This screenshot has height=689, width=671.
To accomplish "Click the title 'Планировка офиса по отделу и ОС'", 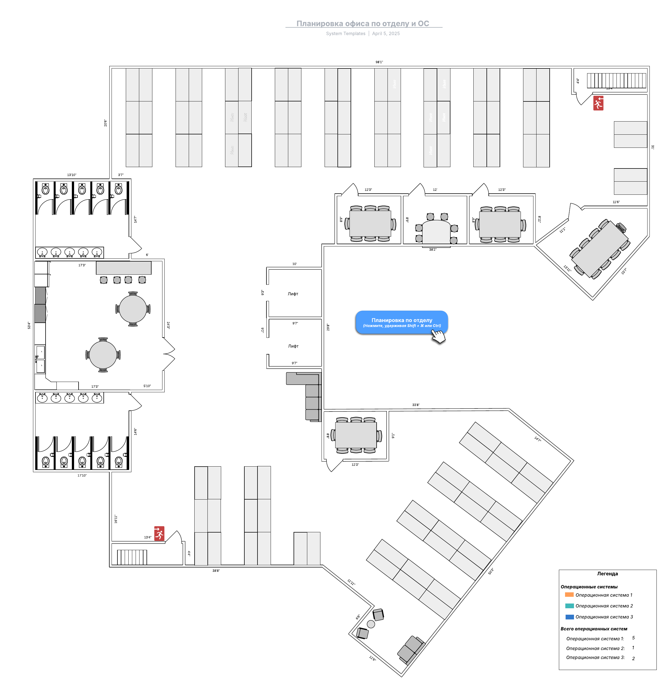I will tap(363, 23).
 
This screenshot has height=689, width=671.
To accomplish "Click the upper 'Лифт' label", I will tap(293, 294).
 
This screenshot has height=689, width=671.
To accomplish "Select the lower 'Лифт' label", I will tap(293, 346).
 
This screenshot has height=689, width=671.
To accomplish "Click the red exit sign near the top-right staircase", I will tap(598, 103).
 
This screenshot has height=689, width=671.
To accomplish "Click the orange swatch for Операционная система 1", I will tap(569, 595).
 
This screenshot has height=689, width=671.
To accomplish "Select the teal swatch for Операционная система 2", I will tap(569, 605).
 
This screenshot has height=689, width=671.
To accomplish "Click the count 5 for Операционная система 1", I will tap(633, 638).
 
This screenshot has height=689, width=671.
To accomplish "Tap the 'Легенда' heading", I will tap(607, 573).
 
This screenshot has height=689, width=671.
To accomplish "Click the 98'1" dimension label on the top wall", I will tap(379, 62).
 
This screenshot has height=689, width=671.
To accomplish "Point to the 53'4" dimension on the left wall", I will tap(29, 325).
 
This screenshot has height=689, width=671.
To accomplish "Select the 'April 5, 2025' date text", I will tap(386, 34).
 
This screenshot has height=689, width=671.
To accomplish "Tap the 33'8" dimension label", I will tap(416, 405).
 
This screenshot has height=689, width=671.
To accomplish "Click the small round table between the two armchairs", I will tap(371, 624).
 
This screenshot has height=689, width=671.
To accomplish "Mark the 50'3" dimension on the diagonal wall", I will tap(491, 571).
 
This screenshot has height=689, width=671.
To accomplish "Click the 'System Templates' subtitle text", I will tap(345, 34).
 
